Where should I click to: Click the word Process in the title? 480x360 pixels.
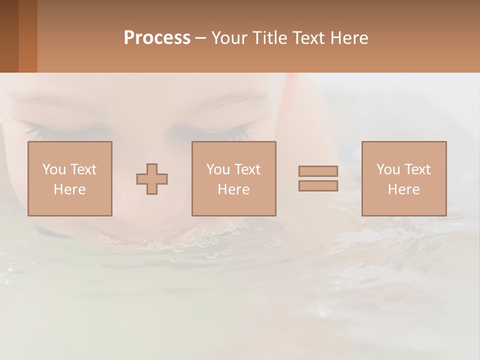point(157,38)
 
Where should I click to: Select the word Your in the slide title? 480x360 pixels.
point(229,38)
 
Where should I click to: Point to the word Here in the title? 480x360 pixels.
point(348,38)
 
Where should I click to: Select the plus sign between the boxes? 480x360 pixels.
point(152,179)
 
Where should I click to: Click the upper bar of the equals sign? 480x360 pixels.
point(318,171)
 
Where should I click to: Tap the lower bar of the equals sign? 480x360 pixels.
point(318,186)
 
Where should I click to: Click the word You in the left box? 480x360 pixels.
point(54,169)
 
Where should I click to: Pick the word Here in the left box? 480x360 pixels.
point(69,189)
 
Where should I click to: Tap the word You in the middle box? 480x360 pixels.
point(218,169)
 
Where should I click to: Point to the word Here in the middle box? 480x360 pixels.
point(233,189)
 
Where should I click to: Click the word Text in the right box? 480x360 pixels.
point(416,169)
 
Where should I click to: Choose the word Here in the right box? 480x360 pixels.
point(403,189)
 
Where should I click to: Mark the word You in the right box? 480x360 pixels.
point(388,169)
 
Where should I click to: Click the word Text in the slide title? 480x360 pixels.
point(306,38)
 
